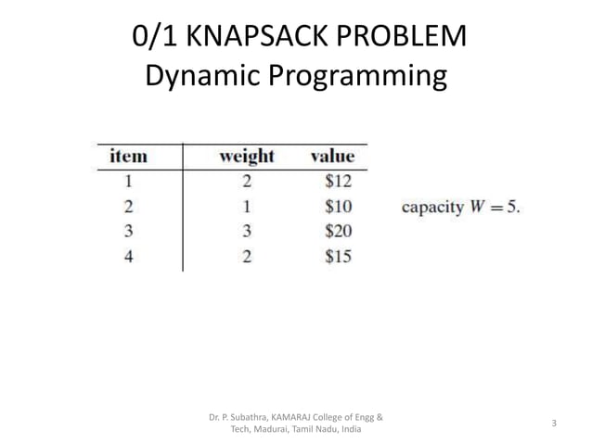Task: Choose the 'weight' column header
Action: [x=246, y=156]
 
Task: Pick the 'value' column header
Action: [x=331, y=156]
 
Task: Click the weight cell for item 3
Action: [x=247, y=231]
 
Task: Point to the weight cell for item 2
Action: [x=247, y=206]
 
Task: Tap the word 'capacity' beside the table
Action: [x=431, y=207]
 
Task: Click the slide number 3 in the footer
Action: [x=553, y=424]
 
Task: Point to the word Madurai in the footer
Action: [x=275, y=430]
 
